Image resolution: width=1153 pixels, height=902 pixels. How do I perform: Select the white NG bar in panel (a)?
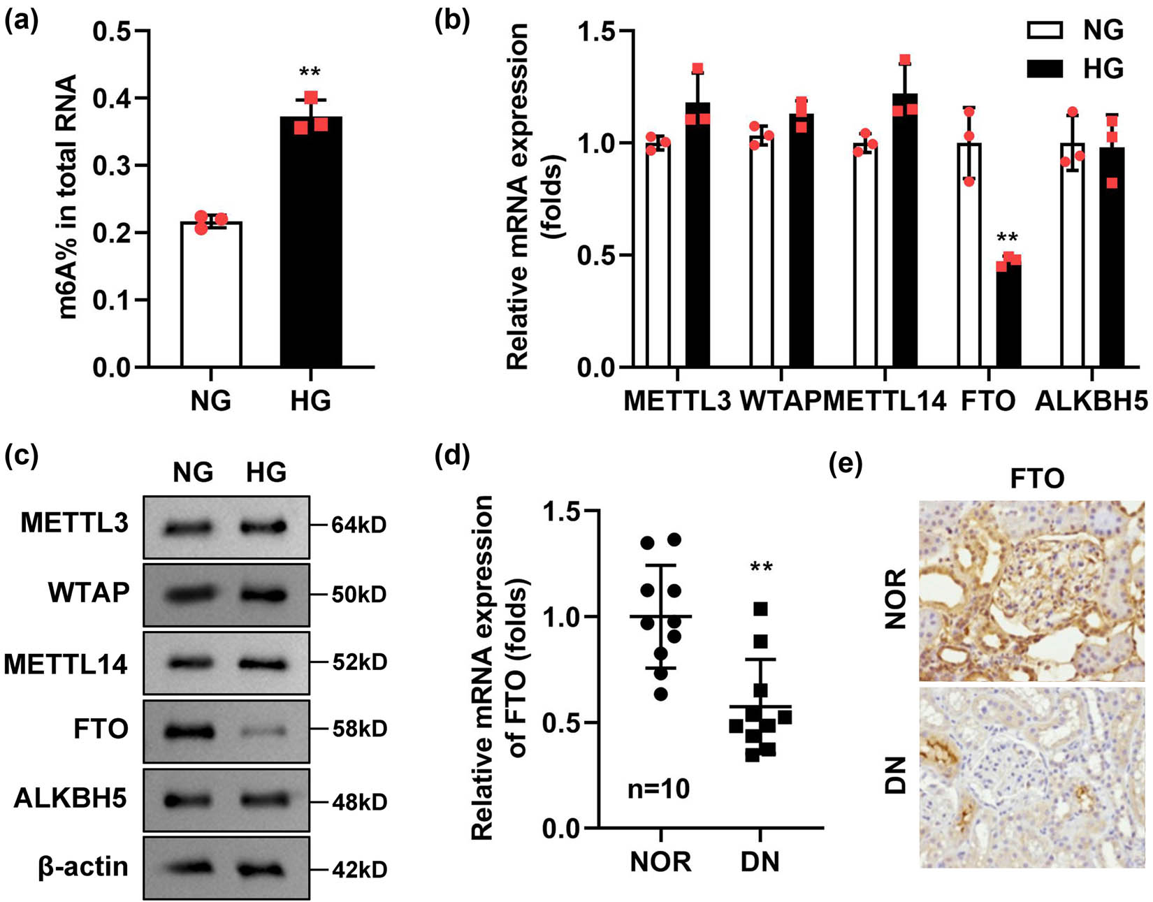pos(211,294)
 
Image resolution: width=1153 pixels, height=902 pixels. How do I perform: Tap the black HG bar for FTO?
pos(1008,314)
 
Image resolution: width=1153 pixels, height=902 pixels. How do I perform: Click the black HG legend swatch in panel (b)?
pos(1044,68)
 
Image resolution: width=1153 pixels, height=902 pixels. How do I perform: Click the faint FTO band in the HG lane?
pos(266,732)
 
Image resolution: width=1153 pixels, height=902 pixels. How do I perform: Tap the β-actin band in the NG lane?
pos(189,868)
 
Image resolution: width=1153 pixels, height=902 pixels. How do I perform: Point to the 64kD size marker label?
pos(358,525)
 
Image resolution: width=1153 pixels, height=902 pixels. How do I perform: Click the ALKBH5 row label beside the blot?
pos(71,799)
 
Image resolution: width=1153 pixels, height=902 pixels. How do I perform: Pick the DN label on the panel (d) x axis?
pos(760,861)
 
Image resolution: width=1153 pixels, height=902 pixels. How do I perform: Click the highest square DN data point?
pos(761,609)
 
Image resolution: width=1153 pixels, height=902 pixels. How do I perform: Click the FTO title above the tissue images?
pos(1036,479)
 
